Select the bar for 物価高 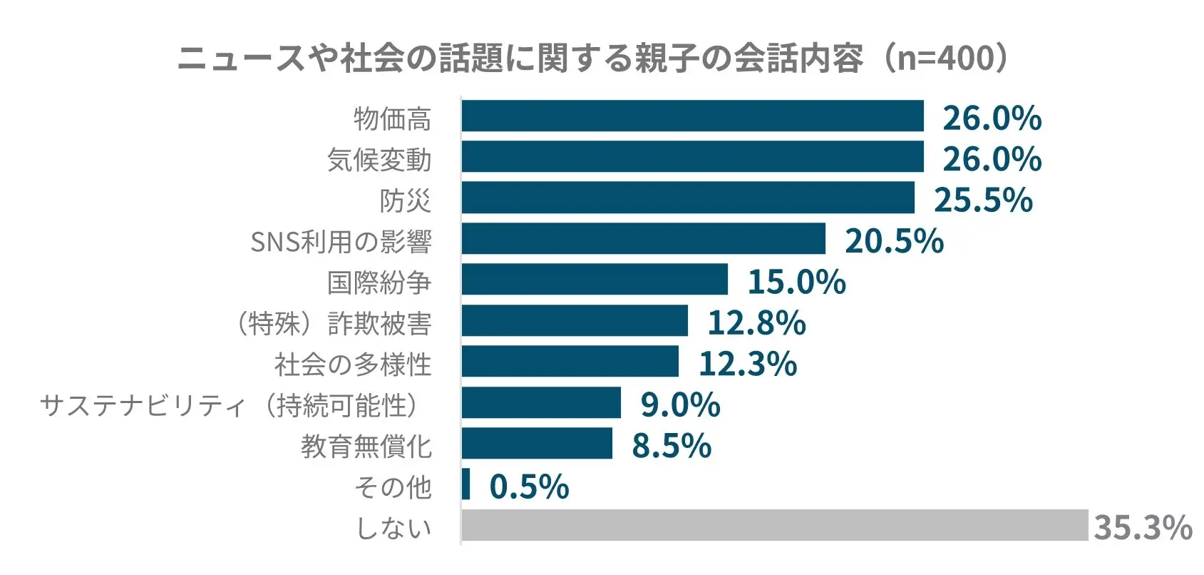[692, 116]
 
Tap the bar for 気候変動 [692, 157]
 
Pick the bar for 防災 [688, 198]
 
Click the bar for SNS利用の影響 [643, 239]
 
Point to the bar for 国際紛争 [595, 280]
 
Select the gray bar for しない [774, 526]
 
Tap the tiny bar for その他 [465, 484]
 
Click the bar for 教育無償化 [537, 444]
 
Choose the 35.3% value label [1143, 527]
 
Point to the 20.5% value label [894, 240]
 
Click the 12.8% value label [756, 322]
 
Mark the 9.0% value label [680, 404]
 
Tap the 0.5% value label [529, 487]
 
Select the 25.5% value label [983, 200]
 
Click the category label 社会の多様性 [353, 365]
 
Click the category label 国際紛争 [379, 283]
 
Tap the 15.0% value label [796, 282]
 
